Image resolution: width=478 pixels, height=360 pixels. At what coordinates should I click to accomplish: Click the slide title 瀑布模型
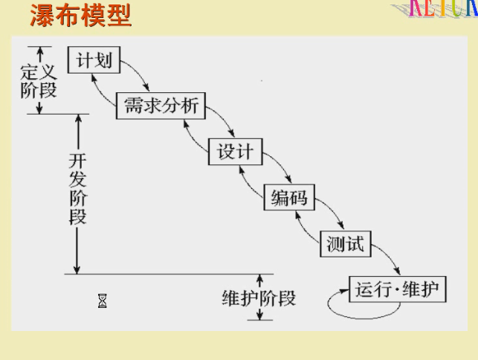click(80, 15)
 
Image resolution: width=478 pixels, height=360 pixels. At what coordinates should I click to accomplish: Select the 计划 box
click(94, 60)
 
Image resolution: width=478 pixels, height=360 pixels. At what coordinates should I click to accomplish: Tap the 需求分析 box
click(160, 106)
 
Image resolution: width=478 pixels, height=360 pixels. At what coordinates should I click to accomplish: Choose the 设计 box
click(235, 152)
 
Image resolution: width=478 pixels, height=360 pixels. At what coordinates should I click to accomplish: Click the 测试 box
click(345, 243)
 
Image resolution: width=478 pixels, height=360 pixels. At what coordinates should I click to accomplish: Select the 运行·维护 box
click(398, 289)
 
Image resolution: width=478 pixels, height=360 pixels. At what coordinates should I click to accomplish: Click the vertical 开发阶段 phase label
click(77, 189)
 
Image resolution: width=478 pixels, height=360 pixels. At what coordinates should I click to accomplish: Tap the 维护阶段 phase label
click(259, 298)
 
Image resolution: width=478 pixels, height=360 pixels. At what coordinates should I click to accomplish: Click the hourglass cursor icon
click(103, 301)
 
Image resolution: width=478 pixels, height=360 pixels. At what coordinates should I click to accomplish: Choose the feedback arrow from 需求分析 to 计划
click(101, 88)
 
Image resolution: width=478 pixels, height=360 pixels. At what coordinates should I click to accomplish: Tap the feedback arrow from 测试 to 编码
click(306, 227)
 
